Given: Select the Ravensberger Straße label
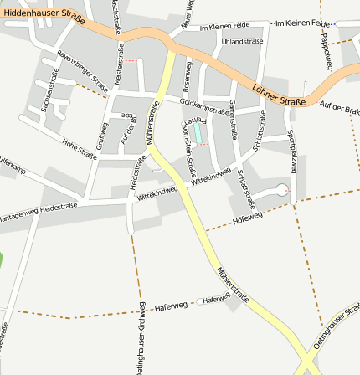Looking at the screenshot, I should (x=82, y=71).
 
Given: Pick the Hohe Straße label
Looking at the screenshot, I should (x=80, y=148).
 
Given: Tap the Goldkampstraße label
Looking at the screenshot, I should (x=204, y=105).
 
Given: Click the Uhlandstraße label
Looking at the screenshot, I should (x=243, y=41).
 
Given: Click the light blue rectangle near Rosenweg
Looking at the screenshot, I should (x=198, y=132).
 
